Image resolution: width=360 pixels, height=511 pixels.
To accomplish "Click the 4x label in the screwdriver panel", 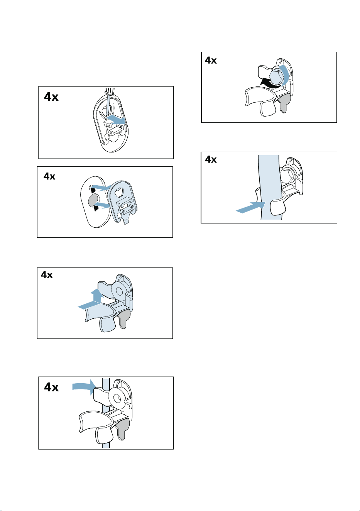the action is pos(51,97).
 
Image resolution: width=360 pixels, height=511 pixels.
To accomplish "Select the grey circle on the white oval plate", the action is pos(93,200).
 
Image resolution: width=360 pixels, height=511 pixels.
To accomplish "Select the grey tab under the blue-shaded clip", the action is pos(123,320).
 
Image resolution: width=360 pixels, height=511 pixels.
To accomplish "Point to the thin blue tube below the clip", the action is pos(106,442).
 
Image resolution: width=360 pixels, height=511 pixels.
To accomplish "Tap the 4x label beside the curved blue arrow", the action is pos(51,387).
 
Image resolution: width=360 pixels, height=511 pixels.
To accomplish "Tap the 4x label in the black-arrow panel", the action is pos(211,60).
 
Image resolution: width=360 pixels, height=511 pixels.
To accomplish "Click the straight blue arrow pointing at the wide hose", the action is pos(250,207).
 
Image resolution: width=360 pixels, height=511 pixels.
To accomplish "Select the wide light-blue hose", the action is pos(269,187).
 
